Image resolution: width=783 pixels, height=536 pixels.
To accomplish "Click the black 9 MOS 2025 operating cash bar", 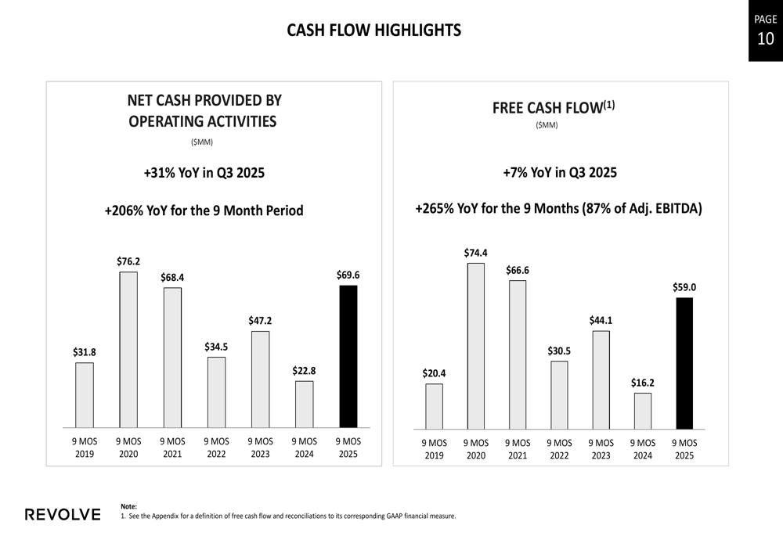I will click(x=348, y=356).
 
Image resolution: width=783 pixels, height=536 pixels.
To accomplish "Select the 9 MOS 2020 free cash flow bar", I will click(x=475, y=346).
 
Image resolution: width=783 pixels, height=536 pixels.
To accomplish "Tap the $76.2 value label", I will click(x=128, y=261).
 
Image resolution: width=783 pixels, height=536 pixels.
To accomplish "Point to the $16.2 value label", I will click(x=642, y=383).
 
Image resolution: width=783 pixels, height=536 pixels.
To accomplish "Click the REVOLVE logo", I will click(x=63, y=514).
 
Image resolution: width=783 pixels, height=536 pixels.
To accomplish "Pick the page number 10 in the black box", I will click(x=765, y=38).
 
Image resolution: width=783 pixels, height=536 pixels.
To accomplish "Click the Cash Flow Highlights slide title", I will click(x=374, y=31).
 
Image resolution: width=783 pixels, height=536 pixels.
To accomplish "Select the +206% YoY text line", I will click(x=204, y=210).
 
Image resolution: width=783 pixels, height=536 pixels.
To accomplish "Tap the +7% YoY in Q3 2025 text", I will click(x=560, y=172).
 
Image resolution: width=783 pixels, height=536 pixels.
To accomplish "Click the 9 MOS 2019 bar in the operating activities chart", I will click(x=85, y=395).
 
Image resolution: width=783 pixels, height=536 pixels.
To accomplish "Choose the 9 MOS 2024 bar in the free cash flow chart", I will click(x=642, y=411).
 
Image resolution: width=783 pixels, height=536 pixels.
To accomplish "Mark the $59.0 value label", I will click(x=684, y=287).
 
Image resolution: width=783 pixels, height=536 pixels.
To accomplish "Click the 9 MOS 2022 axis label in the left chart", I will click(x=216, y=448).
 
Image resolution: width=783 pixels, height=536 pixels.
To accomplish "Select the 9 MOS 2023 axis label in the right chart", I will click(x=601, y=449).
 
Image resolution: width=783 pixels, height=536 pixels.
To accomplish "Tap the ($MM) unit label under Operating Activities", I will click(x=202, y=142).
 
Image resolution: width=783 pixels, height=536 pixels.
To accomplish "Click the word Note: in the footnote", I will click(x=129, y=506).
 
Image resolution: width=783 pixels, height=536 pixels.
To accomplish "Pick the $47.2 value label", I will click(x=260, y=321).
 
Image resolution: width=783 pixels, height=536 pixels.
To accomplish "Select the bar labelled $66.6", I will click(x=517, y=354).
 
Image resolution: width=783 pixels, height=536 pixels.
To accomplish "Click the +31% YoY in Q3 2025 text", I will click(x=204, y=173).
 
